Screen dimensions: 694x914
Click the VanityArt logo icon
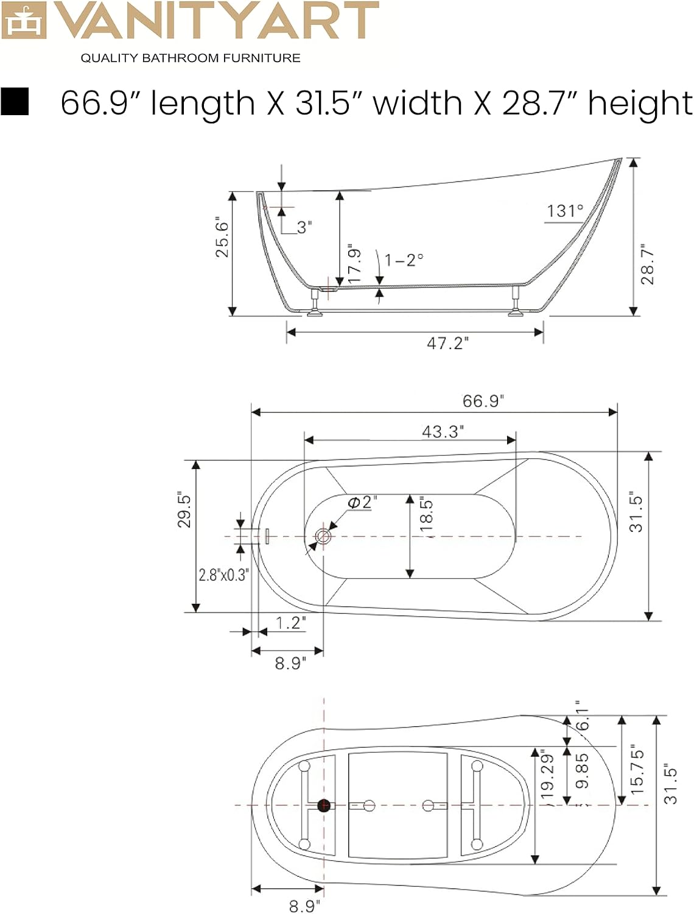pos(23,20)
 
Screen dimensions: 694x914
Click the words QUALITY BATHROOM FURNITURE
pos(191,58)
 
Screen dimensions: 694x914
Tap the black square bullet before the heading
pos(15,101)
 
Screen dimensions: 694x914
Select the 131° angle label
pos(565,211)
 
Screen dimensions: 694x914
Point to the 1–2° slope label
pos(404,260)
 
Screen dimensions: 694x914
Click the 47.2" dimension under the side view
pos(447,344)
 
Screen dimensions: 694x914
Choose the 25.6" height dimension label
pos(222,237)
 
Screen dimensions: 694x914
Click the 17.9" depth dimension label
pos(354,264)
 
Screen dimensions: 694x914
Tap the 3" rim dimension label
pos(304,227)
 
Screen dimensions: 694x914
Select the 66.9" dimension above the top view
pos(483,401)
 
